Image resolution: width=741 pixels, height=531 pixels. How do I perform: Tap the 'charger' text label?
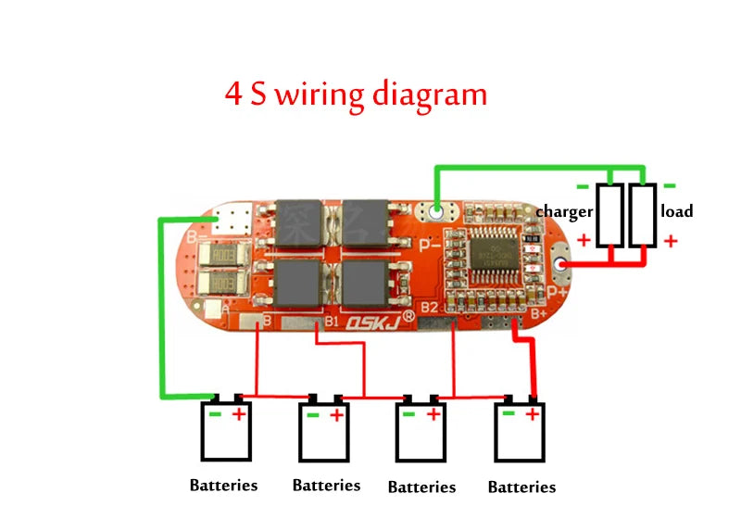(x=564, y=212)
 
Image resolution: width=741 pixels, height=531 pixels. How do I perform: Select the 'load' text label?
(x=676, y=211)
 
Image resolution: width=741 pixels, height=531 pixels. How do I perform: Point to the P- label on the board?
(x=427, y=246)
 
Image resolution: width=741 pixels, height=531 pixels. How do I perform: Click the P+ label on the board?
(x=558, y=291)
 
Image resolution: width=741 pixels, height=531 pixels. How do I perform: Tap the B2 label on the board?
(x=429, y=306)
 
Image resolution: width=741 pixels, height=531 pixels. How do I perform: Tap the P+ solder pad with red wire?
(x=560, y=268)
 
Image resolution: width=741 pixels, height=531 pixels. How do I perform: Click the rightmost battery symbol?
(x=519, y=431)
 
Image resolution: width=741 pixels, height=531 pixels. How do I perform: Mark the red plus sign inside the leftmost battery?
(x=239, y=413)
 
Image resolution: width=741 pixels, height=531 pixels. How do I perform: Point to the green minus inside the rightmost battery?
(x=507, y=414)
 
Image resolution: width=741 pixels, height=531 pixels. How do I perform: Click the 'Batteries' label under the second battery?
(x=326, y=486)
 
